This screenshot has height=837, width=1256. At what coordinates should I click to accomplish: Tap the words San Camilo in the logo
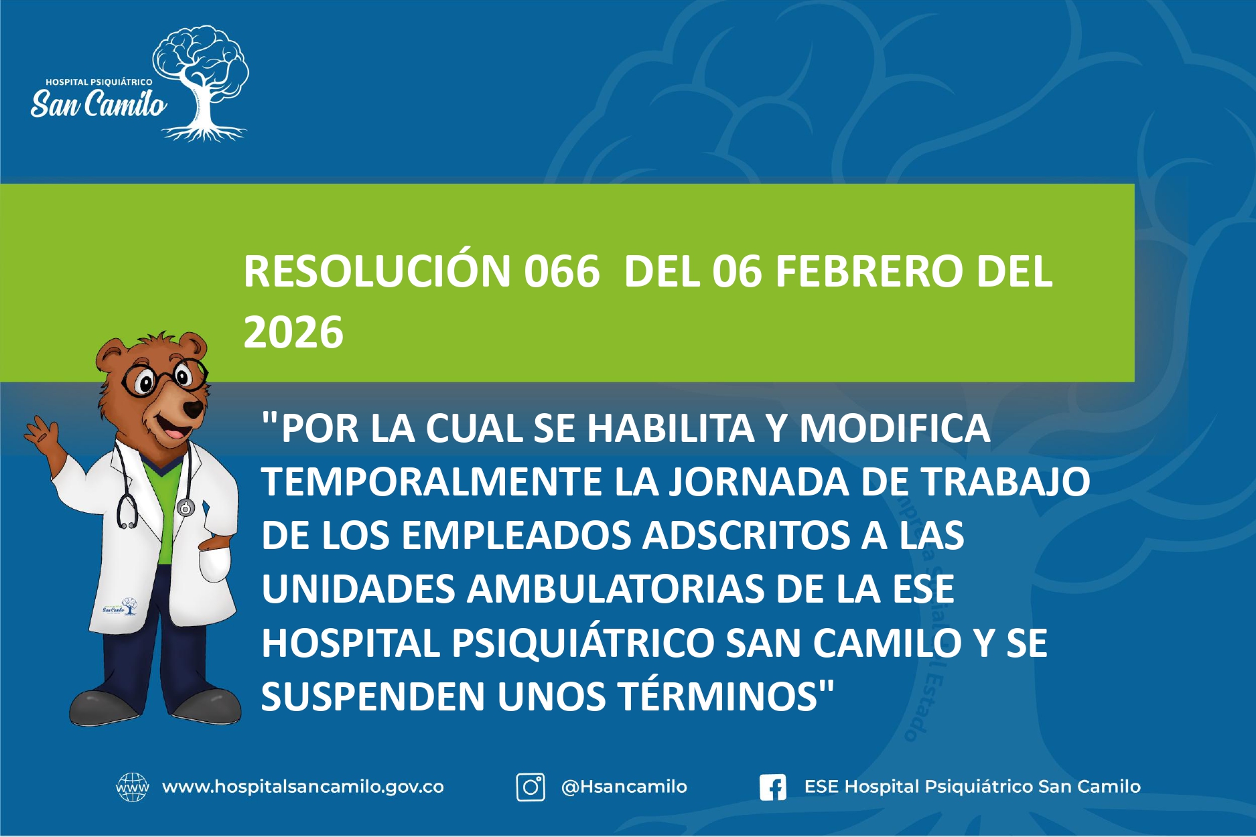pyautogui.click(x=98, y=104)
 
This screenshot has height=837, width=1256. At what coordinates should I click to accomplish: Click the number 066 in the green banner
pyautogui.click(x=561, y=272)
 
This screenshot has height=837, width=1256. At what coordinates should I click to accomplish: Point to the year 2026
pyautogui.click(x=293, y=332)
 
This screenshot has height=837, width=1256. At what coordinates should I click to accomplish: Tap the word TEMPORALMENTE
pyautogui.click(x=431, y=481)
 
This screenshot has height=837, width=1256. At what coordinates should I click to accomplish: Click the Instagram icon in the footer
pyautogui.click(x=530, y=787)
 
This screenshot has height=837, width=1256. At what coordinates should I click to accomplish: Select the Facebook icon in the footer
pyautogui.click(x=772, y=787)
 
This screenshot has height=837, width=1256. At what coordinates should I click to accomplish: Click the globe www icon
pyautogui.click(x=132, y=787)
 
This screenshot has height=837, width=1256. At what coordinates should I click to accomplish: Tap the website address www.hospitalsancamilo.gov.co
pyautogui.click(x=303, y=787)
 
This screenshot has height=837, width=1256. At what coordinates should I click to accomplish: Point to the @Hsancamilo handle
pyautogui.click(x=624, y=787)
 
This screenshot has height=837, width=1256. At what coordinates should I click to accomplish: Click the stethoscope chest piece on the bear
pyautogui.click(x=186, y=508)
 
